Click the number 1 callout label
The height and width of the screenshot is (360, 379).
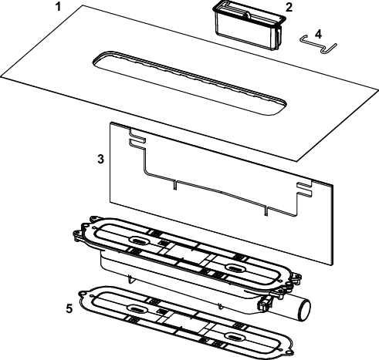click(59, 6)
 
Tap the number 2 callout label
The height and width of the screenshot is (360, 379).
click(289, 8)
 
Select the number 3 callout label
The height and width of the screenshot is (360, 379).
click(101, 159)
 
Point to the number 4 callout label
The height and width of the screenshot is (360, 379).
click(318, 34)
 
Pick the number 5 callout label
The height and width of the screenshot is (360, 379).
click(69, 308)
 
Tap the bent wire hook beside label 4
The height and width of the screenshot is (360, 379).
click(318, 44)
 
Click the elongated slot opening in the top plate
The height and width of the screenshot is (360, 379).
click(189, 82)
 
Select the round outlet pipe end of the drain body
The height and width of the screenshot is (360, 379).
click(304, 310)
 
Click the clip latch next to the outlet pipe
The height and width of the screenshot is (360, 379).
click(264, 303)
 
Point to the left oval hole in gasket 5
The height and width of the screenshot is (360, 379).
click(138, 308)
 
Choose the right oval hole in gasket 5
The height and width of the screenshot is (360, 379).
click(235, 336)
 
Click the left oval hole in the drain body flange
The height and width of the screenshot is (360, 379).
click(138, 241)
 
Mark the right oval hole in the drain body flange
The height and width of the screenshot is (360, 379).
click(235, 268)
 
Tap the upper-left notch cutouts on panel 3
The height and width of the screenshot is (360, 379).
click(137, 137)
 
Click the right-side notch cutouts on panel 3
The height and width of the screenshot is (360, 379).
click(304, 189)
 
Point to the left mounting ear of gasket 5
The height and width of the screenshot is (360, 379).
click(83, 294)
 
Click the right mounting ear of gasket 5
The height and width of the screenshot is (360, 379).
click(289, 353)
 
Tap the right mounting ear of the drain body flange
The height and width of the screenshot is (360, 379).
click(297, 277)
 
